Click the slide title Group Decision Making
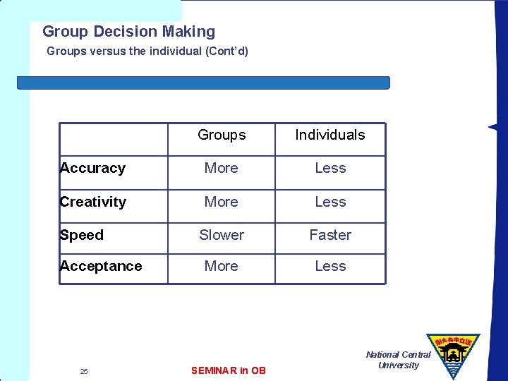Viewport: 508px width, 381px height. (x=128, y=32)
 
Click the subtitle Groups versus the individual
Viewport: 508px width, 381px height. (x=147, y=52)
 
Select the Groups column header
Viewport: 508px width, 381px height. (x=222, y=135)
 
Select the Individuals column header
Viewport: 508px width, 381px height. (x=330, y=135)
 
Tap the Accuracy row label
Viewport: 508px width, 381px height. (x=92, y=168)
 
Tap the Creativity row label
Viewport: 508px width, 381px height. (x=93, y=202)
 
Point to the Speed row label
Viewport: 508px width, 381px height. (x=82, y=235)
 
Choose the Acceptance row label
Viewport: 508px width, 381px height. (x=101, y=266)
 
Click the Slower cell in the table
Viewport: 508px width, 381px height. (x=222, y=235)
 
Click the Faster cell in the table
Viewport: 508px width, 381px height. (x=330, y=235)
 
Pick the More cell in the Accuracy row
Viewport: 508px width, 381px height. (x=222, y=168)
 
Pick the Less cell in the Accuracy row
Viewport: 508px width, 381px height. (x=330, y=168)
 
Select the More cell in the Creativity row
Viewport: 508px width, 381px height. (x=222, y=202)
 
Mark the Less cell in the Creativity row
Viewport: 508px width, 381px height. (x=330, y=202)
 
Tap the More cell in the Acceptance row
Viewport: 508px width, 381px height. (x=222, y=266)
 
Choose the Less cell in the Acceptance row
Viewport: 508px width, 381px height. (x=330, y=266)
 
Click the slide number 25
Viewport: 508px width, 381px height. (x=84, y=371)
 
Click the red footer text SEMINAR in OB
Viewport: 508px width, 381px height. (x=229, y=370)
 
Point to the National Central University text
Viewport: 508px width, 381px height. (x=398, y=360)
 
